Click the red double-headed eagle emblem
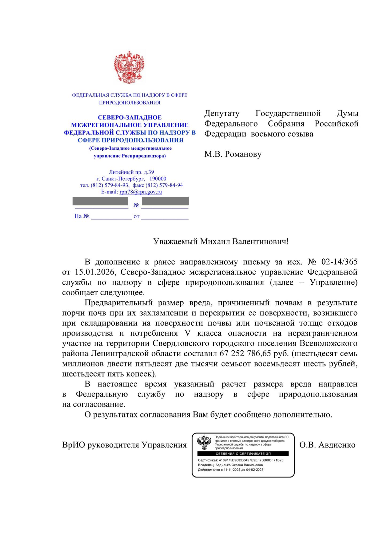[x=129, y=68]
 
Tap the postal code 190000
[x=158, y=179]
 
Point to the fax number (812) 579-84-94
[x=164, y=185]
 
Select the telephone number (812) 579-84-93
[x=110, y=185]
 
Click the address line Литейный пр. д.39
[x=131, y=172]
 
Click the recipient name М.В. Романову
[x=233, y=154]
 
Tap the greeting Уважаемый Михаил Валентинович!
[x=221, y=242]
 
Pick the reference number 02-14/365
[x=339, y=262]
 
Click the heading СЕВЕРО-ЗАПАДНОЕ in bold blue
[x=130, y=117]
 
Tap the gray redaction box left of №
[x=100, y=201]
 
